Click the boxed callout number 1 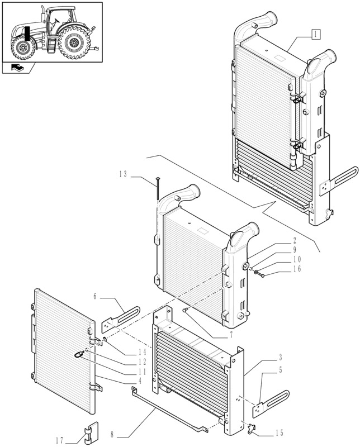316,34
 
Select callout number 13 123,174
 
